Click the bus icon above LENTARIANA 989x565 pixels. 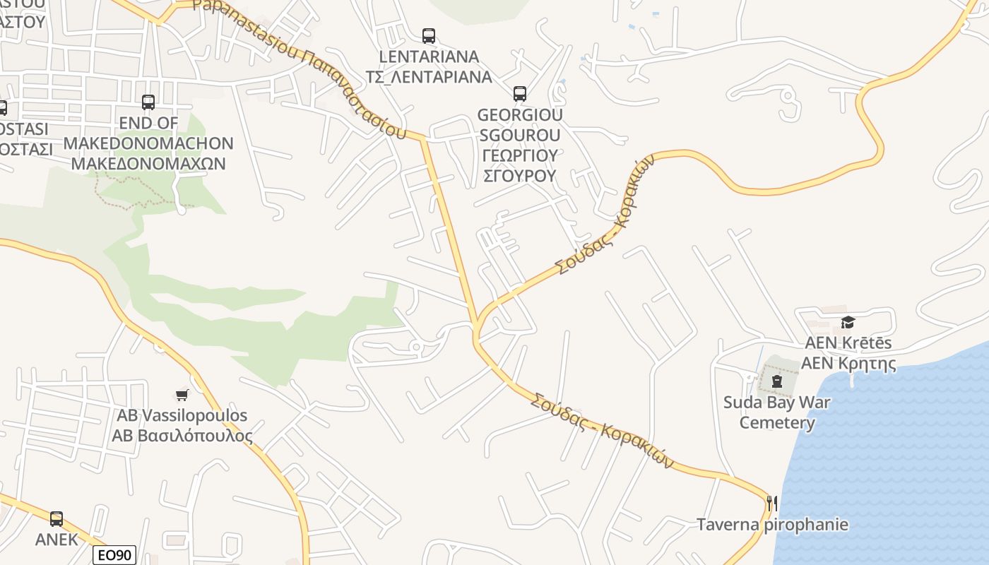[428, 36]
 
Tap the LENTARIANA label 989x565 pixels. [429, 56]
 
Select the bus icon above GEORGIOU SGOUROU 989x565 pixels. [520, 93]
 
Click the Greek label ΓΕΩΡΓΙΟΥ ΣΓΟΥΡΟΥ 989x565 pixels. [521, 165]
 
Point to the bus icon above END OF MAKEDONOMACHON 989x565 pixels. [148, 102]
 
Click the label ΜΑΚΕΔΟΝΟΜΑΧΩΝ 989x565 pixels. [148, 164]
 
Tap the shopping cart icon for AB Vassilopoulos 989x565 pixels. [182, 395]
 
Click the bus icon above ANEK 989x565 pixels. [57, 519]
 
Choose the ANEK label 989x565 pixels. [57, 540]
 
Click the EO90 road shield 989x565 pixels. [114, 555]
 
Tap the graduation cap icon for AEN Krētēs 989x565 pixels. [848, 323]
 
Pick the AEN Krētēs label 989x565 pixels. [848, 343]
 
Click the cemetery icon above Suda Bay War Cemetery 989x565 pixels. [777, 382]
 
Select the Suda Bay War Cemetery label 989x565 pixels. [777, 412]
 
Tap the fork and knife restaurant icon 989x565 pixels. [771, 504]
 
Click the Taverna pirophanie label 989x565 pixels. [772, 525]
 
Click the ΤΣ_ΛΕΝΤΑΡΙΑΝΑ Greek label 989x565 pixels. [429, 77]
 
